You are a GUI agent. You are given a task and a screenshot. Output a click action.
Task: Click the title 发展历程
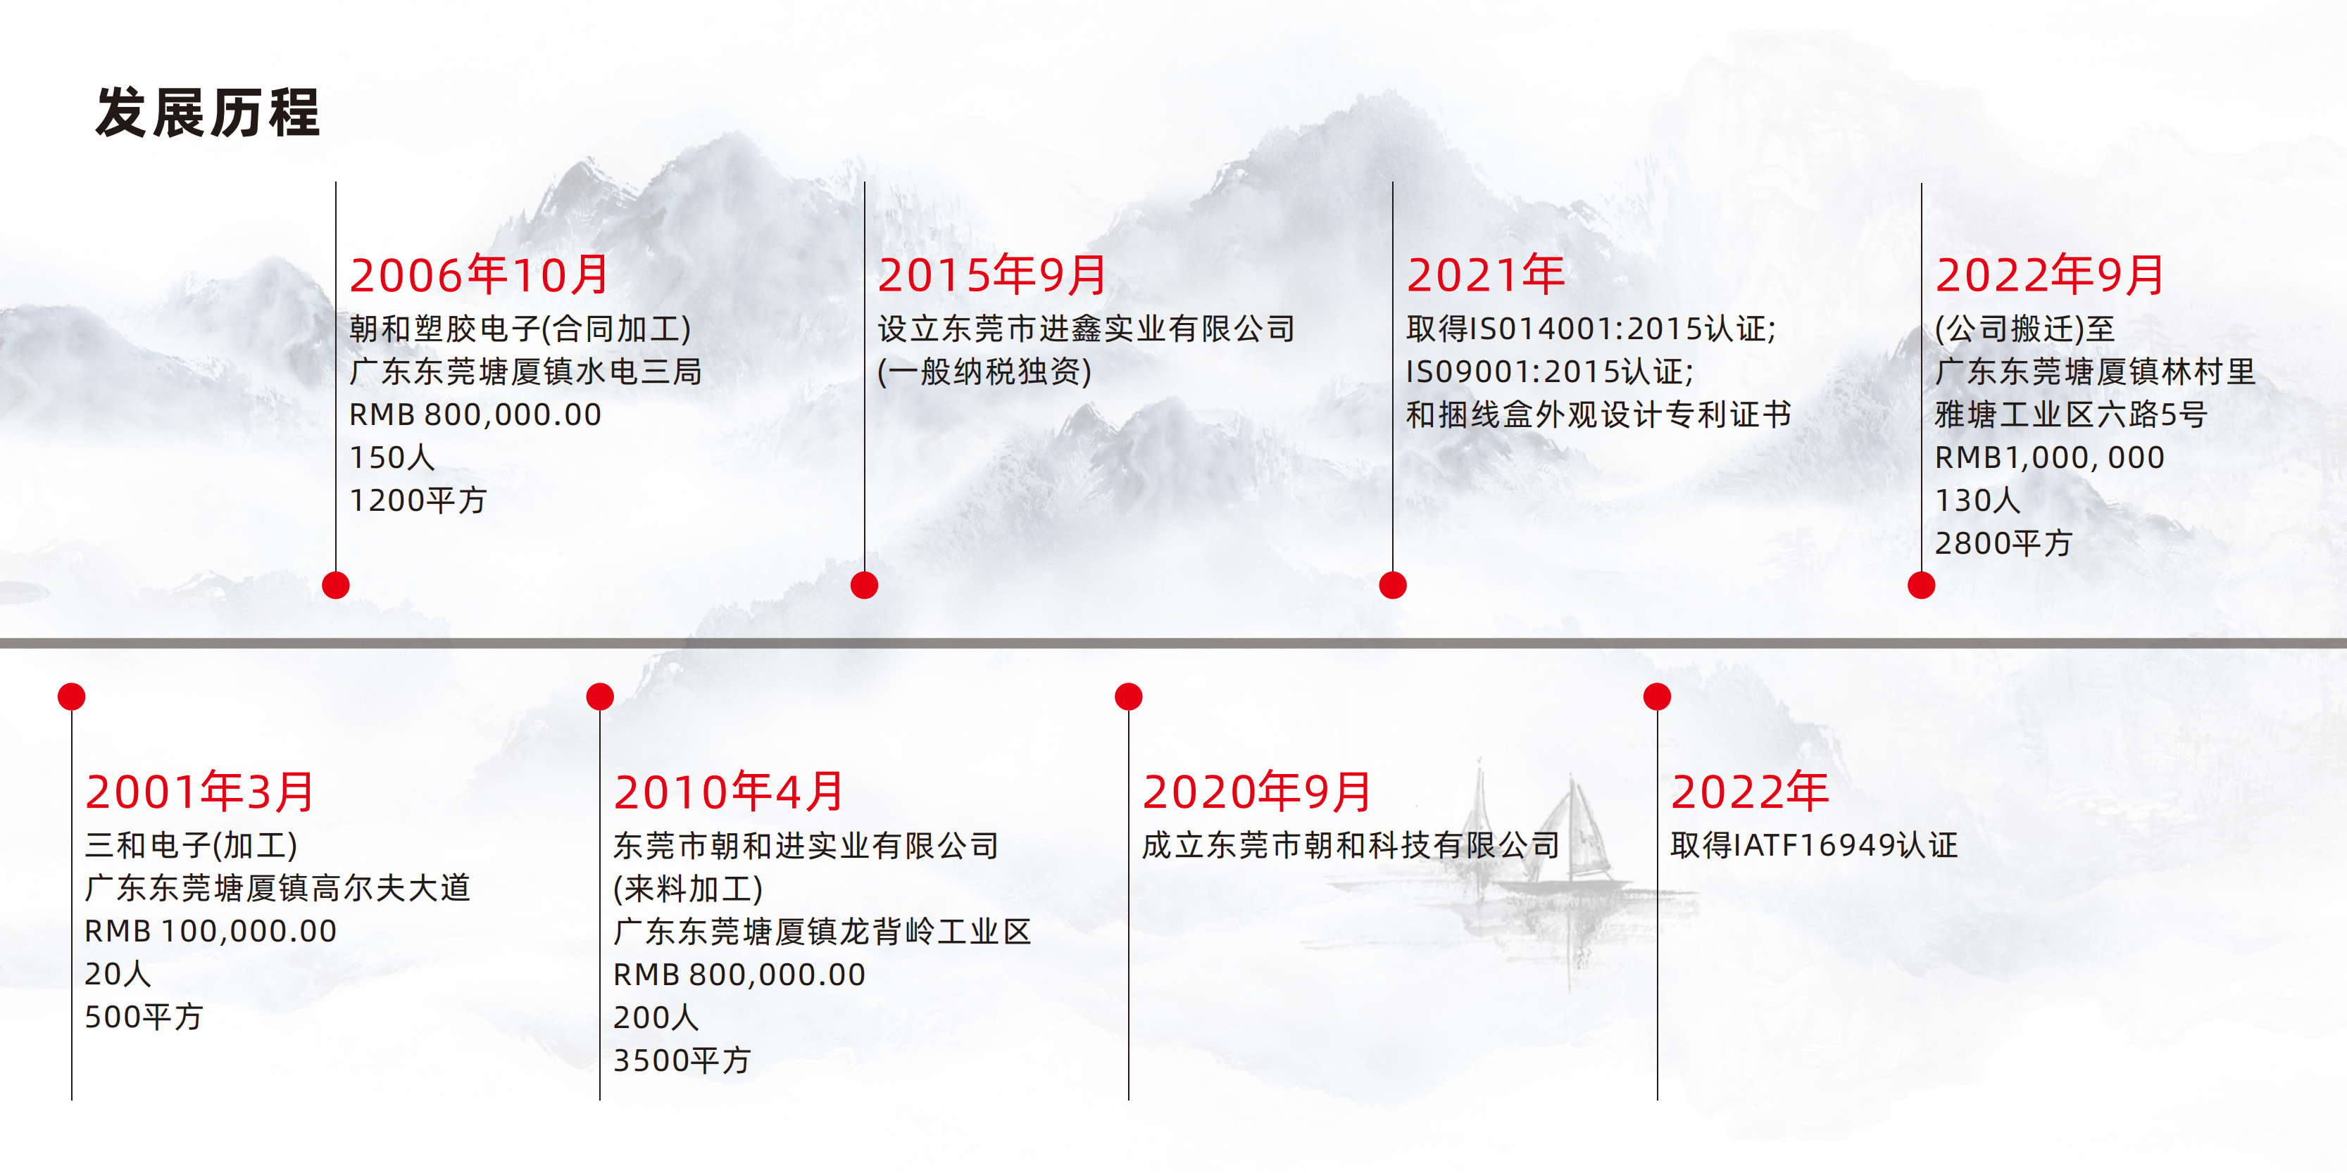tap(208, 113)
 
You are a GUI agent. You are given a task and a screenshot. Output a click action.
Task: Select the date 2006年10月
tap(480, 275)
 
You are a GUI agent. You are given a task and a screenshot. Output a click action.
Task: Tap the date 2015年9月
tap(991, 275)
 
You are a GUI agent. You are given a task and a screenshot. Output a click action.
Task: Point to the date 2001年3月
tap(199, 792)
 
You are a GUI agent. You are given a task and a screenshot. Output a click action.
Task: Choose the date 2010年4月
tap(729, 792)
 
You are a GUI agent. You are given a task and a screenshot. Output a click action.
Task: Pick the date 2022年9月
tap(2049, 275)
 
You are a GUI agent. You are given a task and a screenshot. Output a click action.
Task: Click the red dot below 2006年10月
tap(336, 585)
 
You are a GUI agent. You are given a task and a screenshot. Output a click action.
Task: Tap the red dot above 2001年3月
tap(72, 697)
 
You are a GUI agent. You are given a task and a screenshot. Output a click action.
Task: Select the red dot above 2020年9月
tap(1129, 697)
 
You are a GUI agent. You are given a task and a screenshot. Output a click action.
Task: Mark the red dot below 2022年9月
tap(1922, 585)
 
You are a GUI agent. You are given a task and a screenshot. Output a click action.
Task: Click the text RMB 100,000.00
tap(211, 931)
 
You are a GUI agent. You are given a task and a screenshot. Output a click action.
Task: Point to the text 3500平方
tap(682, 1060)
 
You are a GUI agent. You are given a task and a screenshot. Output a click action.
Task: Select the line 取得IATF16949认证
tap(1814, 845)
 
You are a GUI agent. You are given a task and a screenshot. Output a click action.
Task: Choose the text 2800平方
tap(2003, 543)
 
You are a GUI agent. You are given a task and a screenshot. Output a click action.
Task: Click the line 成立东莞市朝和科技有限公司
tap(1351, 845)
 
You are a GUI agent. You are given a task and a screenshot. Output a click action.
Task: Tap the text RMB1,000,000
tap(2049, 457)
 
